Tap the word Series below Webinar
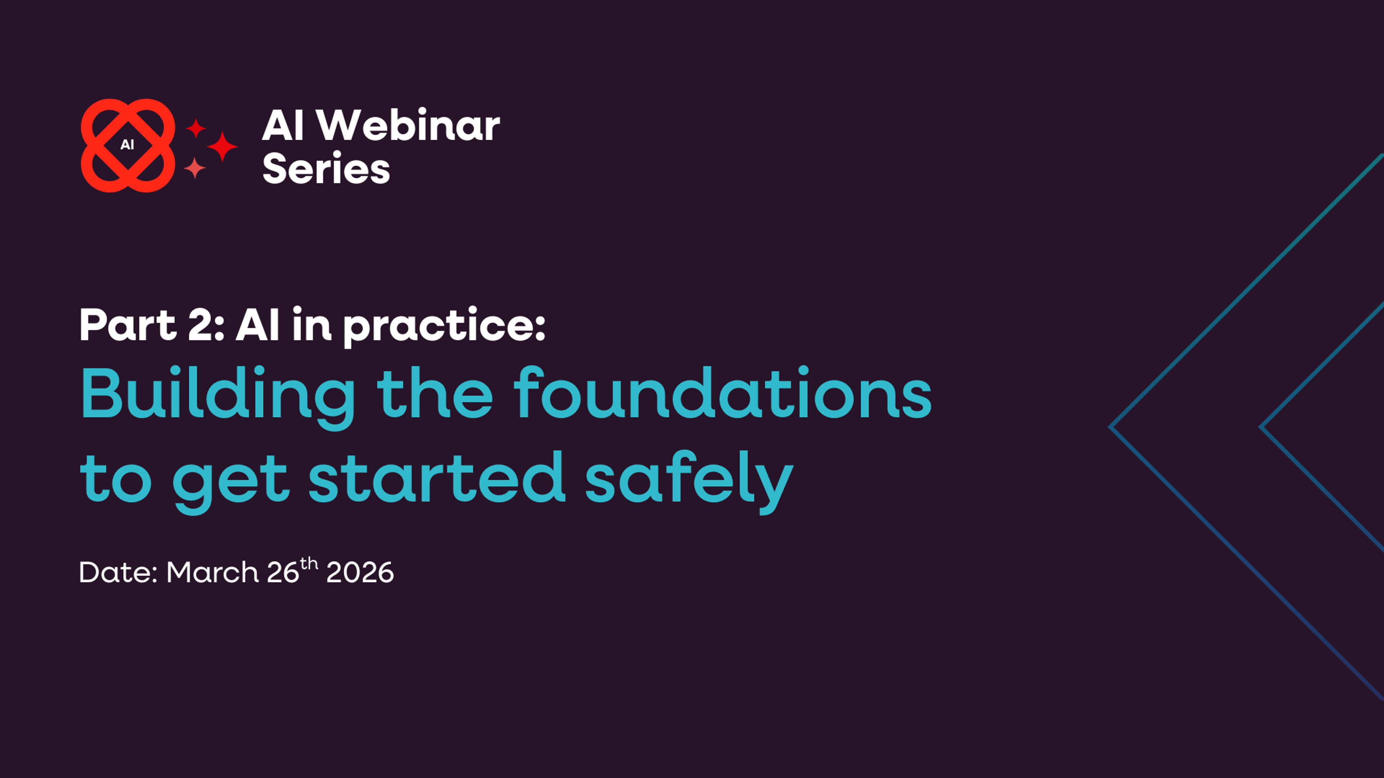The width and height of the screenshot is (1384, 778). click(325, 169)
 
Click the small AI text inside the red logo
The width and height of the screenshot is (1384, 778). click(127, 145)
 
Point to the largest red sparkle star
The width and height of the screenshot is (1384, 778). click(222, 146)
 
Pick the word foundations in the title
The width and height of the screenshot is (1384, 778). click(723, 394)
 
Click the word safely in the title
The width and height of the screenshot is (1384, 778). click(689, 478)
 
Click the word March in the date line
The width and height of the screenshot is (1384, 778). click(212, 572)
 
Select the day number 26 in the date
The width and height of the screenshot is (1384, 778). click(283, 572)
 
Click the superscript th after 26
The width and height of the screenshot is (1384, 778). click(309, 564)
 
